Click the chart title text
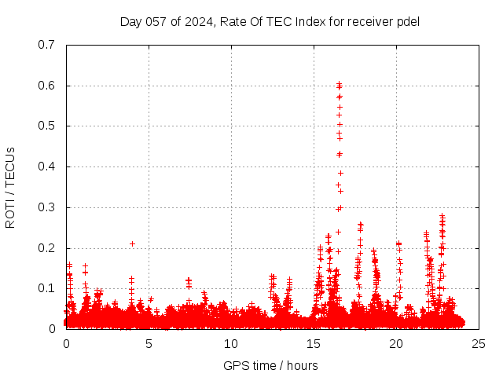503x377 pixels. (x=270, y=21)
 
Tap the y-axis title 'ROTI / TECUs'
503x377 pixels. (x=10, y=187)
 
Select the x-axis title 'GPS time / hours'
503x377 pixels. (x=270, y=365)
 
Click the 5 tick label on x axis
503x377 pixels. (x=149, y=343)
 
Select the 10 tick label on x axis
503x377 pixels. (x=231, y=343)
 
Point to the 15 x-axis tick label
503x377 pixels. (x=314, y=343)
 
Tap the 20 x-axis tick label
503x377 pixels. (x=396, y=343)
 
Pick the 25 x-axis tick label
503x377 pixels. (x=479, y=343)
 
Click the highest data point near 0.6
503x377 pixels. (x=339, y=83)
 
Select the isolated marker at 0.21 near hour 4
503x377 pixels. (x=132, y=243)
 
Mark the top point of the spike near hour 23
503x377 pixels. (x=442, y=215)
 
